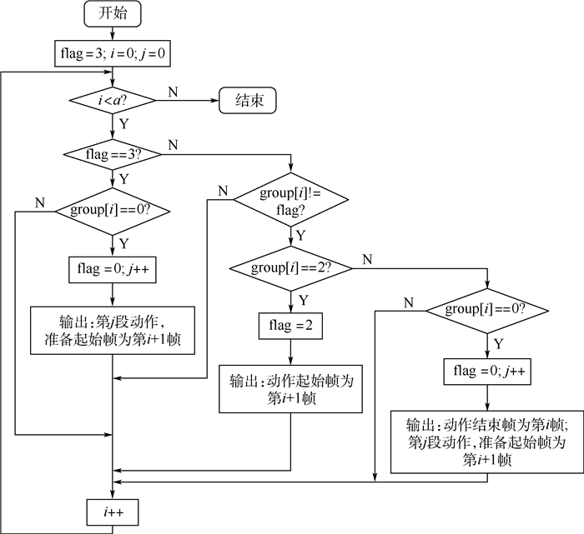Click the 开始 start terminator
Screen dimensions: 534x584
pos(112,14)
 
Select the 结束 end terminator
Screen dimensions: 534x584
pos(249,102)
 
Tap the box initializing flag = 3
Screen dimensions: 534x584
pos(112,53)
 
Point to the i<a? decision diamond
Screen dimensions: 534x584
pos(112,102)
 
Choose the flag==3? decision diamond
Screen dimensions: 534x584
pos(112,155)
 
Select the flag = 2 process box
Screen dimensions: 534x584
pos(289,325)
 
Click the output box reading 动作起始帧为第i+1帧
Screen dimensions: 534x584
pos(289,388)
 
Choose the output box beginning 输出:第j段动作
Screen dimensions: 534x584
pos(112,331)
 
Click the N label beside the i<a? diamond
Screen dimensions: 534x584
pos(172,92)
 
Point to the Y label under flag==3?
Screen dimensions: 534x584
pos(123,179)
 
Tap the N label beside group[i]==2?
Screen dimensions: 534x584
pos(366,258)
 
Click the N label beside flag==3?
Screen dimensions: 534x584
pos(173,146)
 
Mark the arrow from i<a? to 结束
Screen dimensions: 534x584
pos(187,102)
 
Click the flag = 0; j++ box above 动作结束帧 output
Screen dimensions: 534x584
pos(487,369)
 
